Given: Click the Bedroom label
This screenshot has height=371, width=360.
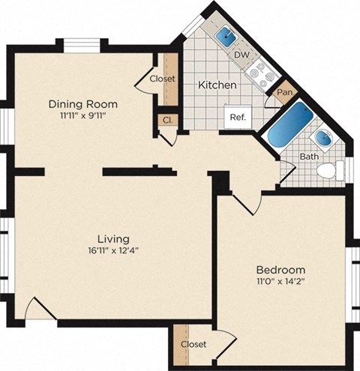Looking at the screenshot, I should [280, 270].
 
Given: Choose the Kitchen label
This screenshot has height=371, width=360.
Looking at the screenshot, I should [217, 85].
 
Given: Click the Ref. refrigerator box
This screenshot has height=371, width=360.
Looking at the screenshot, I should [238, 117].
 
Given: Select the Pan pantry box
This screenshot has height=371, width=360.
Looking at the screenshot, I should [283, 93].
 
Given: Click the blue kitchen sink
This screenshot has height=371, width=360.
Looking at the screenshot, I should [226, 36].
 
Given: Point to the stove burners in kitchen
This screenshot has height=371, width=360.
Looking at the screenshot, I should [262, 73].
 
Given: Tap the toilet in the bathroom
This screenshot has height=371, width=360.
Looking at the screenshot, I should [328, 170].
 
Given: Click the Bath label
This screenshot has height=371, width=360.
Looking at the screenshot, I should [309, 157].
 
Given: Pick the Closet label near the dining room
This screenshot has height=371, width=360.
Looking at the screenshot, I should [161, 79].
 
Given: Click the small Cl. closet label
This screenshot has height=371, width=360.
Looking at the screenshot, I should [166, 120].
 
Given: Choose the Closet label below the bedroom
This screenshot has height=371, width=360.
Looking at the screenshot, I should [193, 344].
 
